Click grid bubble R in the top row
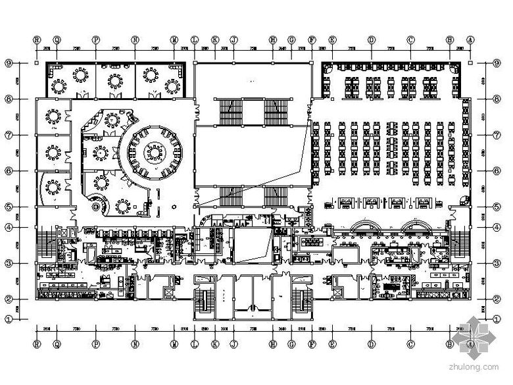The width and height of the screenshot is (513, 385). click(x=37, y=39)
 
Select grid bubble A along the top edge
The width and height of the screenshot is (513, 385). click(x=471, y=39)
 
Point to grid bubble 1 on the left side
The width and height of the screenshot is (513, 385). click(x=9, y=319)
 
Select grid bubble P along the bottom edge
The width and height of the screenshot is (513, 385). click(x=96, y=344)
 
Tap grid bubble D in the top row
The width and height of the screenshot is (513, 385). click(x=372, y=39)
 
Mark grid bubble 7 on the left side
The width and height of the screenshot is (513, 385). click(x=9, y=135)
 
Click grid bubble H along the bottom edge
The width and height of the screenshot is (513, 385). click(x=272, y=344)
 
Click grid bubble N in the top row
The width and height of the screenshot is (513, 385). click(x=135, y=39)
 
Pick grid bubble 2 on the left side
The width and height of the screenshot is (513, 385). click(x=9, y=298)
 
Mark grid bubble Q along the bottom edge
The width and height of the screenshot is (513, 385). click(x=57, y=344)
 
